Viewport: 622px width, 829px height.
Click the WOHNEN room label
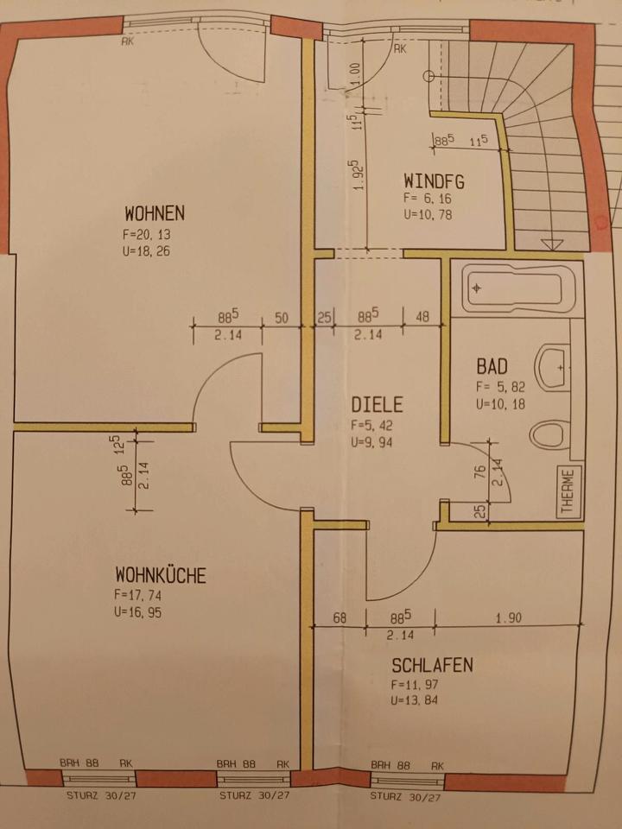pyautogui.click(x=155, y=212)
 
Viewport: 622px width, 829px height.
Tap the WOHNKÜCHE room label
pyautogui.click(x=161, y=574)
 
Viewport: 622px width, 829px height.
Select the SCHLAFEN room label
pyautogui.click(x=432, y=665)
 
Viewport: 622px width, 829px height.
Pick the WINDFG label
pyautogui.click(x=434, y=181)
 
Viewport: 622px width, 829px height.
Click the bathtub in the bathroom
pyautogui.click(x=517, y=288)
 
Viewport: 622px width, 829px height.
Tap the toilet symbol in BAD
pyautogui.click(x=549, y=434)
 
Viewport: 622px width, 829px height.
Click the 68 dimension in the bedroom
pyautogui.click(x=339, y=618)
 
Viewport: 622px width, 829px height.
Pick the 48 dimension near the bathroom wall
pyautogui.click(x=422, y=316)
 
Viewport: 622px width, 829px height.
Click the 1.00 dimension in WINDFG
pyautogui.click(x=354, y=75)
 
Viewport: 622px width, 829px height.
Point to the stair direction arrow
pyautogui.click(x=549, y=244)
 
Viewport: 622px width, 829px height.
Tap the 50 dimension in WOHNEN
pyautogui.click(x=281, y=318)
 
